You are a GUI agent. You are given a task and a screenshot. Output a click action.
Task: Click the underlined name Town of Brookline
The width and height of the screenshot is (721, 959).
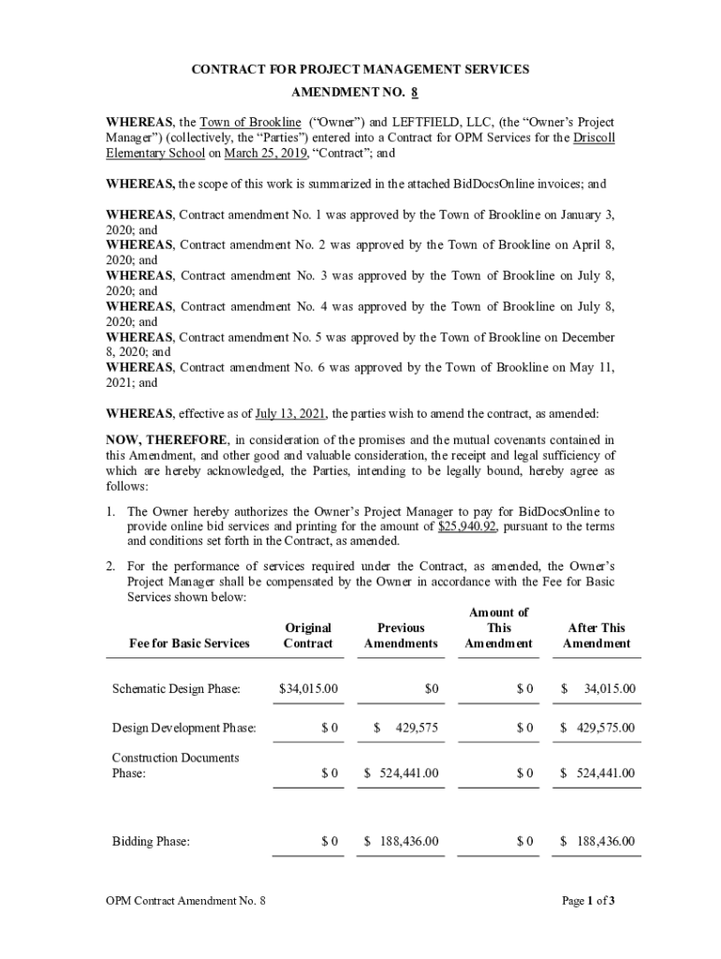(x=250, y=123)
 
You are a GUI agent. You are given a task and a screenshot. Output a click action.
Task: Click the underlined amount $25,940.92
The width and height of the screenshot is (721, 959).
(x=466, y=526)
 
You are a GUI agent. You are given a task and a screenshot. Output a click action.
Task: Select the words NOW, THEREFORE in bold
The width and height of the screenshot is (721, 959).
(x=166, y=440)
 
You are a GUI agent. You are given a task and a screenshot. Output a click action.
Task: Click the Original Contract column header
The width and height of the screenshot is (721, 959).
(x=308, y=635)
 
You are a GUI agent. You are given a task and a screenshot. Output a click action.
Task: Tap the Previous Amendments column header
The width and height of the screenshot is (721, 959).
(x=401, y=635)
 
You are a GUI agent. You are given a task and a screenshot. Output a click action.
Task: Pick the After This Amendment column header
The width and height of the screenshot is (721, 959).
(x=596, y=635)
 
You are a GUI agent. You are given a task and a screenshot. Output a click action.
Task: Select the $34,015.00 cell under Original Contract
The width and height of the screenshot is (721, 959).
(x=308, y=689)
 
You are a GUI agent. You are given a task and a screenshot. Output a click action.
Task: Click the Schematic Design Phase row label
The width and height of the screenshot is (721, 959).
(x=176, y=689)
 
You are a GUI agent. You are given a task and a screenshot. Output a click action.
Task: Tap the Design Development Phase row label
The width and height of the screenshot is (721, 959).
(x=184, y=728)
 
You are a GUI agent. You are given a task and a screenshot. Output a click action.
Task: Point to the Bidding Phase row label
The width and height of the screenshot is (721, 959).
(x=151, y=842)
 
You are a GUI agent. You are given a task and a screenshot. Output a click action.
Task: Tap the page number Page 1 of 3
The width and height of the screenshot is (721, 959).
(x=588, y=901)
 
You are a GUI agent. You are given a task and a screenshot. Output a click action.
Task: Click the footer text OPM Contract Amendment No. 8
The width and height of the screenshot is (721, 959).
(x=185, y=901)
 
